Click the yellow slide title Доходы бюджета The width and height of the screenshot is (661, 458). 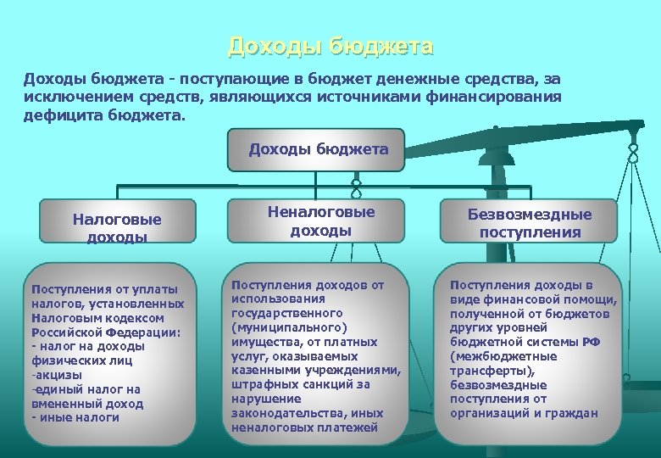point(330,46)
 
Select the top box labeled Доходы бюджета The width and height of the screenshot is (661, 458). point(318,150)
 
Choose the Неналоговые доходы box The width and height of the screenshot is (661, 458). point(320,221)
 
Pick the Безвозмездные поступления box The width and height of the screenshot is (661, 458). point(530,224)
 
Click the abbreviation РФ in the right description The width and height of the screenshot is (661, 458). point(592,341)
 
